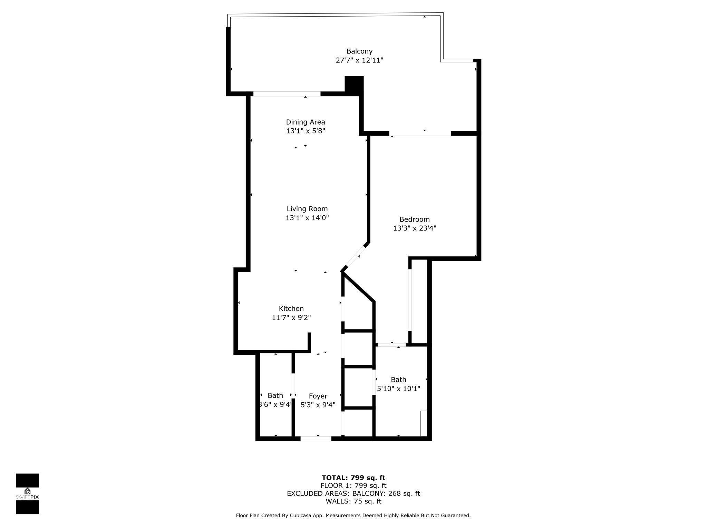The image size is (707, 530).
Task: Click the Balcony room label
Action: click(x=359, y=51)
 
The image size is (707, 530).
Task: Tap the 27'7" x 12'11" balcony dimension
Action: click(x=359, y=60)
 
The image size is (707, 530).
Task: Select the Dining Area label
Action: click(x=306, y=122)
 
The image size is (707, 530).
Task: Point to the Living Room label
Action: click(x=307, y=209)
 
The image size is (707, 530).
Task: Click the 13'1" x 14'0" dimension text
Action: click(x=307, y=218)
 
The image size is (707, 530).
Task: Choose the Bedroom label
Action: click(x=414, y=219)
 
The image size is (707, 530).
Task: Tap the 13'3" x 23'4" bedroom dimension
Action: click(x=414, y=228)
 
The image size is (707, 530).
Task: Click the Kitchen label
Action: click(x=291, y=309)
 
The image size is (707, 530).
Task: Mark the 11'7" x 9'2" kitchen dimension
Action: click(x=291, y=318)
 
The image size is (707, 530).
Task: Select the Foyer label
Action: click(x=318, y=396)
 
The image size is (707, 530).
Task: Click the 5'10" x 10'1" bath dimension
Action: click(x=398, y=389)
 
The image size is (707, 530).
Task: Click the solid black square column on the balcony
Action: click(x=354, y=84)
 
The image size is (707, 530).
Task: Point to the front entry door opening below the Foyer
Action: click(x=316, y=439)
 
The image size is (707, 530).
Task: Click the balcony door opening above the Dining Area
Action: click(x=287, y=94)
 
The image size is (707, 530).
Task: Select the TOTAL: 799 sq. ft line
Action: click(x=353, y=478)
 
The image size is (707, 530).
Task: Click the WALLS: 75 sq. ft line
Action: click(x=353, y=501)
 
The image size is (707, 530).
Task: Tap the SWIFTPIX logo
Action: click(x=27, y=494)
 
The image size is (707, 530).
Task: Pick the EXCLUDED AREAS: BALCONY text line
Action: click(x=353, y=494)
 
